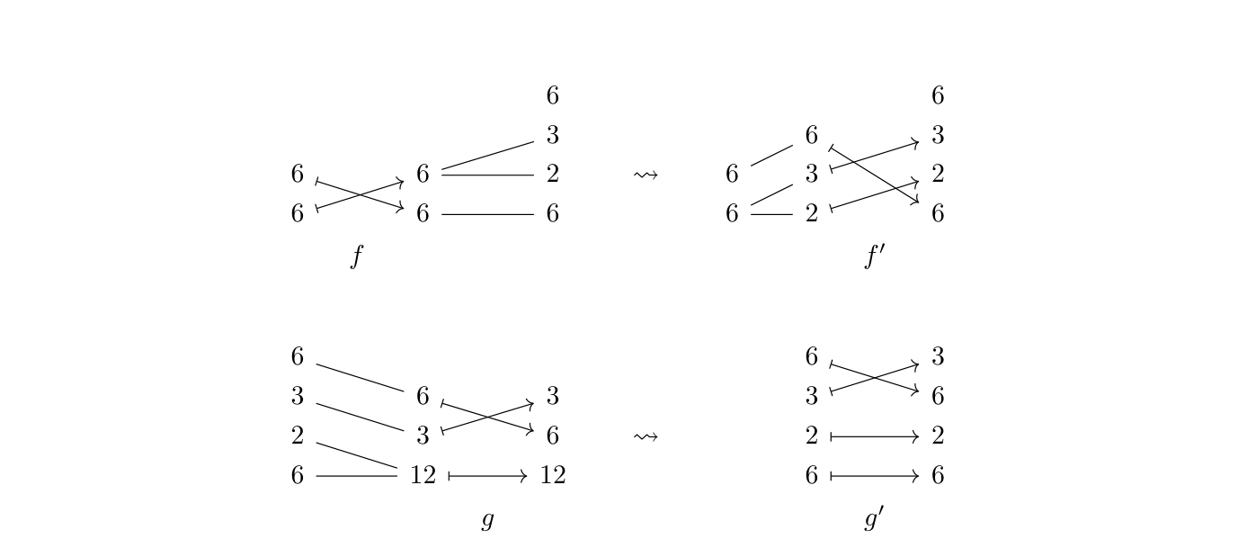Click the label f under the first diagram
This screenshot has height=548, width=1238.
point(357,256)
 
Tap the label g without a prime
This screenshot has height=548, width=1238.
point(487,520)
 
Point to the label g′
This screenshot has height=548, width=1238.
point(874,518)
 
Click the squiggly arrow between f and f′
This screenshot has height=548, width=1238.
point(646,175)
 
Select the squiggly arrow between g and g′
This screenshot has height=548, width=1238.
point(646,436)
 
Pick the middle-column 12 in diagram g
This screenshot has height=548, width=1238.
point(423,475)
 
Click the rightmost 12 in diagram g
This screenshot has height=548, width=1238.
point(553,475)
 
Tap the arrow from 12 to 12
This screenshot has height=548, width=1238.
point(488,476)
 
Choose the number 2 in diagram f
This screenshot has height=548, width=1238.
point(553,174)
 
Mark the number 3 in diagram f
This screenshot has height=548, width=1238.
point(553,135)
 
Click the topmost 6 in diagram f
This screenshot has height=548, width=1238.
point(553,95)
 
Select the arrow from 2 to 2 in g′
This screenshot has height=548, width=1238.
point(875,436)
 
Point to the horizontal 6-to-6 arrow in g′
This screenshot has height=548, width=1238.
point(875,476)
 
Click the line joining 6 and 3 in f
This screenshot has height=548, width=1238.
point(488,156)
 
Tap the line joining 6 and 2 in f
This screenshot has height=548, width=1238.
point(488,175)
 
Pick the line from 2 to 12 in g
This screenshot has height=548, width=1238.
point(357,455)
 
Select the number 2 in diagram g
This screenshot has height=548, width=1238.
point(298,436)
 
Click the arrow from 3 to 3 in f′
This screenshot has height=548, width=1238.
point(875,156)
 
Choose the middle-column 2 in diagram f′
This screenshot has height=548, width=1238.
point(811,213)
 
